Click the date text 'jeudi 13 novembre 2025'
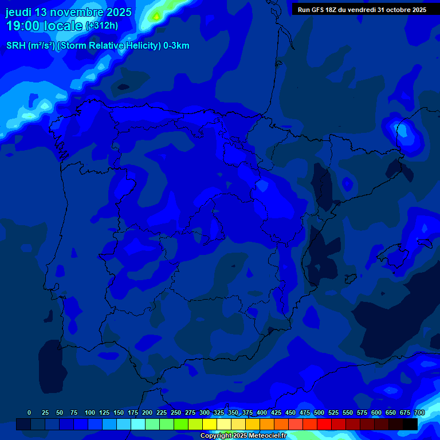pos(68,12)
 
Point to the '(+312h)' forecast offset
pos(101,26)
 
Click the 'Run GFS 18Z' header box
pos(362,10)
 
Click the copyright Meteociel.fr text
pos(243,436)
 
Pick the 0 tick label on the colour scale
pos(29,412)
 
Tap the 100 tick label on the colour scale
pos(90,412)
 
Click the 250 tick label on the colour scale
pos(176,412)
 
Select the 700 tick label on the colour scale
pos(419,412)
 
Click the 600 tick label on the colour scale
pos(376,412)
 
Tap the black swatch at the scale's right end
pos(410,425)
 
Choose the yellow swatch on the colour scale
pos(210,425)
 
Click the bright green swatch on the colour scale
pos(181,425)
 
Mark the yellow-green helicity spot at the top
pos(156,17)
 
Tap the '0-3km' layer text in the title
pos(176,46)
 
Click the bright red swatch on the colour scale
pos(324,425)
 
